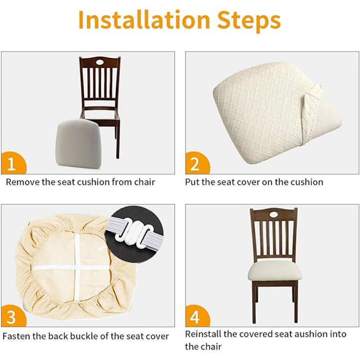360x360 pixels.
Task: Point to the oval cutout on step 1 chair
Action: click(99, 62)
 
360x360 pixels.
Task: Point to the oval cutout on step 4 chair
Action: click(274, 214)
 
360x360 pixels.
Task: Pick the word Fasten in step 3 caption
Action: click(17, 336)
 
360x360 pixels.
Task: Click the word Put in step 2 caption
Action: click(192, 182)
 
